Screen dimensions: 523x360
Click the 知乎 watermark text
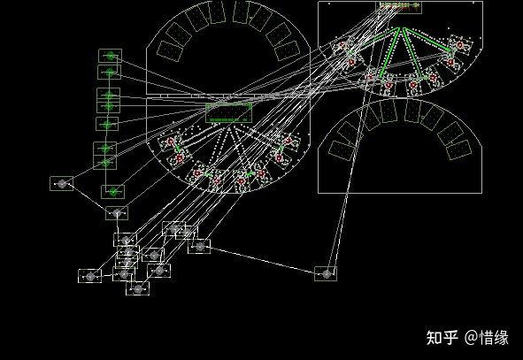[x=442, y=337]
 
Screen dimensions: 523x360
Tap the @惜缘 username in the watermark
[x=487, y=337]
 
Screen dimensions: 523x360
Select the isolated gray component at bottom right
[x=326, y=273]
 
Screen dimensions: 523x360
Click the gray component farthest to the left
[x=62, y=183]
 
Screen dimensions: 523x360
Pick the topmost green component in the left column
[x=110, y=56]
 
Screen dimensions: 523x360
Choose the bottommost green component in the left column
[x=113, y=192]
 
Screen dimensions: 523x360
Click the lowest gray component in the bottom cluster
[x=137, y=288]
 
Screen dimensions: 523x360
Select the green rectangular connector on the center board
[x=229, y=112]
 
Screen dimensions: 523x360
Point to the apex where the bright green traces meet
[x=401, y=28]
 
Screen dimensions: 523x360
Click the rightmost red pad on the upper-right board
[x=460, y=45]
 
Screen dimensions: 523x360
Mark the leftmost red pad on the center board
[x=171, y=142]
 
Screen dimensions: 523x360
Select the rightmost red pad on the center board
[x=288, y=141]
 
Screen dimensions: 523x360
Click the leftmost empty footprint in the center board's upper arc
[x=170, y=50]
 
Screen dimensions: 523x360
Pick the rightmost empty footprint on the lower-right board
[x=459, y=149]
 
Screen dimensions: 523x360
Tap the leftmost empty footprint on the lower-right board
[x=342, y=150]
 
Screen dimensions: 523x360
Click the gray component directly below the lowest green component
[x=117, y=213]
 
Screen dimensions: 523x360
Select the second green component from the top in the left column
[x=110, y=72]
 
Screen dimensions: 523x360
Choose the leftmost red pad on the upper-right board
[x=342, y=45]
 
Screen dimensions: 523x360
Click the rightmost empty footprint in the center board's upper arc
[x=288, y=50]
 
